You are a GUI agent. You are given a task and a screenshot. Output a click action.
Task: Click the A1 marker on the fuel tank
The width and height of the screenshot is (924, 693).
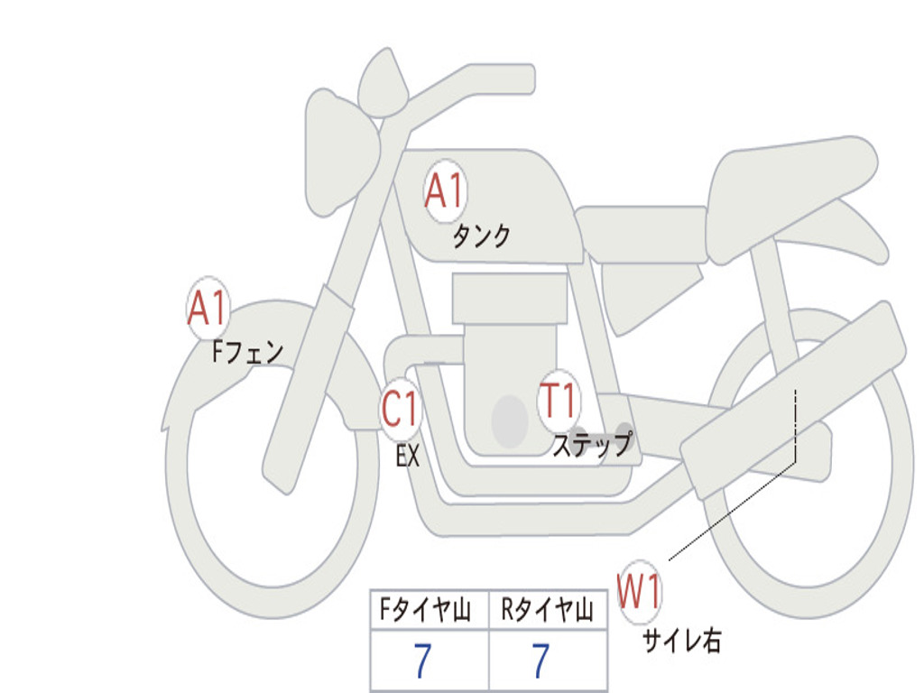445,191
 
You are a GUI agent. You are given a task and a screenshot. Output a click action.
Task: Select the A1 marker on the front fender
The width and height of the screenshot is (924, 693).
208,308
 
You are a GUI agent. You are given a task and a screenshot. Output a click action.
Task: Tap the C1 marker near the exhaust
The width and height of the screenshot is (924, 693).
400,409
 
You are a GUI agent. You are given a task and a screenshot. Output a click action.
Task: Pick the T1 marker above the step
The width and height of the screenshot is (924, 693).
558,401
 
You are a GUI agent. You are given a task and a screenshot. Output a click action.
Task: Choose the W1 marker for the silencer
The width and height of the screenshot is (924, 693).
640,591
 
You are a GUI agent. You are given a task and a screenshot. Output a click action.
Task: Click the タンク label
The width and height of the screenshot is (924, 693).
481,236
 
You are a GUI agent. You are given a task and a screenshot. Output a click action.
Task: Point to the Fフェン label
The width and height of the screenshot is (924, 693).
247,352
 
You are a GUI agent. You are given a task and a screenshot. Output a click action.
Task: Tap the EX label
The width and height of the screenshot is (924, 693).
408,456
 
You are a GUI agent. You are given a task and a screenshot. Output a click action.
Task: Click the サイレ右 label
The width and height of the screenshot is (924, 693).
682,640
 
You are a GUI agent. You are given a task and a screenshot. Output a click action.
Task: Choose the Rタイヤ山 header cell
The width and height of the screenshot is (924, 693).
548,609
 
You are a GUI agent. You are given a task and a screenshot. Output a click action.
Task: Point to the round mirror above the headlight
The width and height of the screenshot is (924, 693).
383,83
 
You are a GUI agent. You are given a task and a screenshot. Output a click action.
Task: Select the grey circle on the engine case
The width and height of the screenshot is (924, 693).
510,421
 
